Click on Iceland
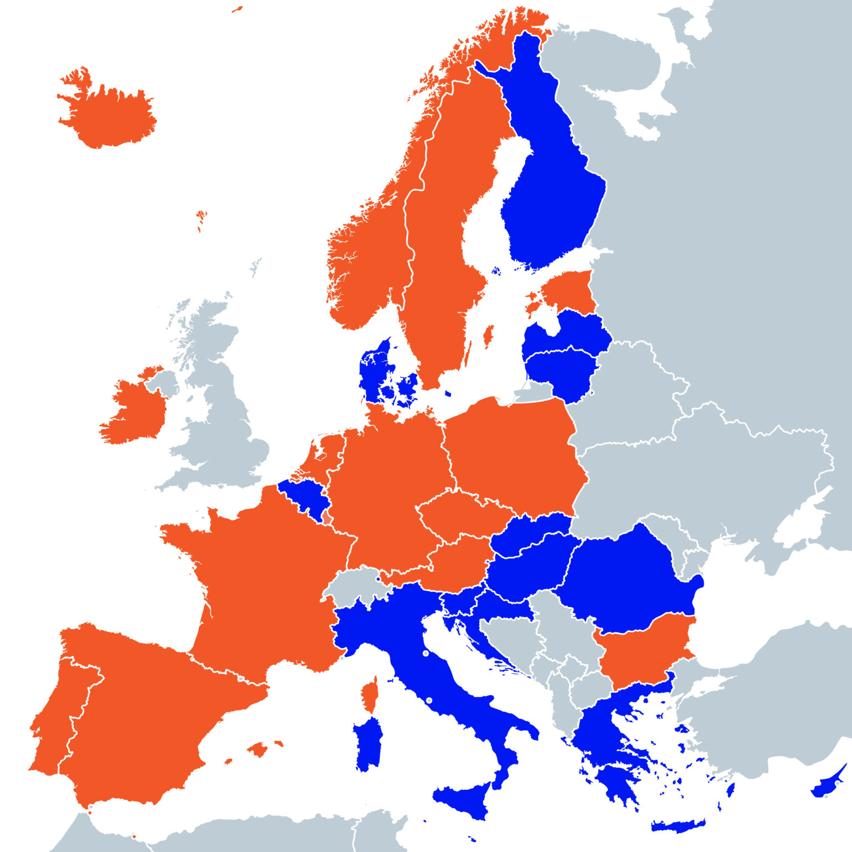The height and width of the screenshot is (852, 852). pyautogui.click(x=108, y=116)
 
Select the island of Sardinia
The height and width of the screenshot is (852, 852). pyautogui.click(x=368, y=743)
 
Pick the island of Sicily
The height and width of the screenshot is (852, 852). pyautogui.click(x=463, y=799)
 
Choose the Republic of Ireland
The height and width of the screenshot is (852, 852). pyautogui.click(x=133, y=410)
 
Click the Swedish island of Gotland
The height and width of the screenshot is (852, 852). pyautogui.click(x=489, y=336)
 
